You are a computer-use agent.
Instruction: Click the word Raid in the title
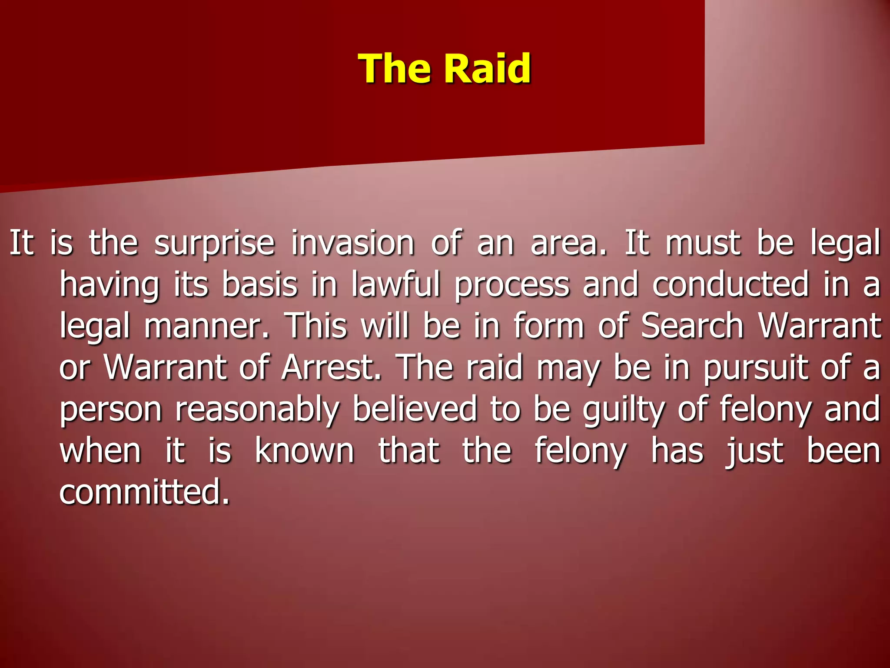coord(488,68)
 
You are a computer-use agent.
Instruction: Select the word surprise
coord(215,244)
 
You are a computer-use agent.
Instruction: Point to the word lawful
coord(395,284)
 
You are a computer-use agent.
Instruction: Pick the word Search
coord(692,326)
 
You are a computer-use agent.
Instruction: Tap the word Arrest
coord(331,368)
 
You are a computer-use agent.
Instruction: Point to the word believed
coord(415,409)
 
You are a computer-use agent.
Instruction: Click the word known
coord(304,451)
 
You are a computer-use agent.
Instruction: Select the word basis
coord(259,284)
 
